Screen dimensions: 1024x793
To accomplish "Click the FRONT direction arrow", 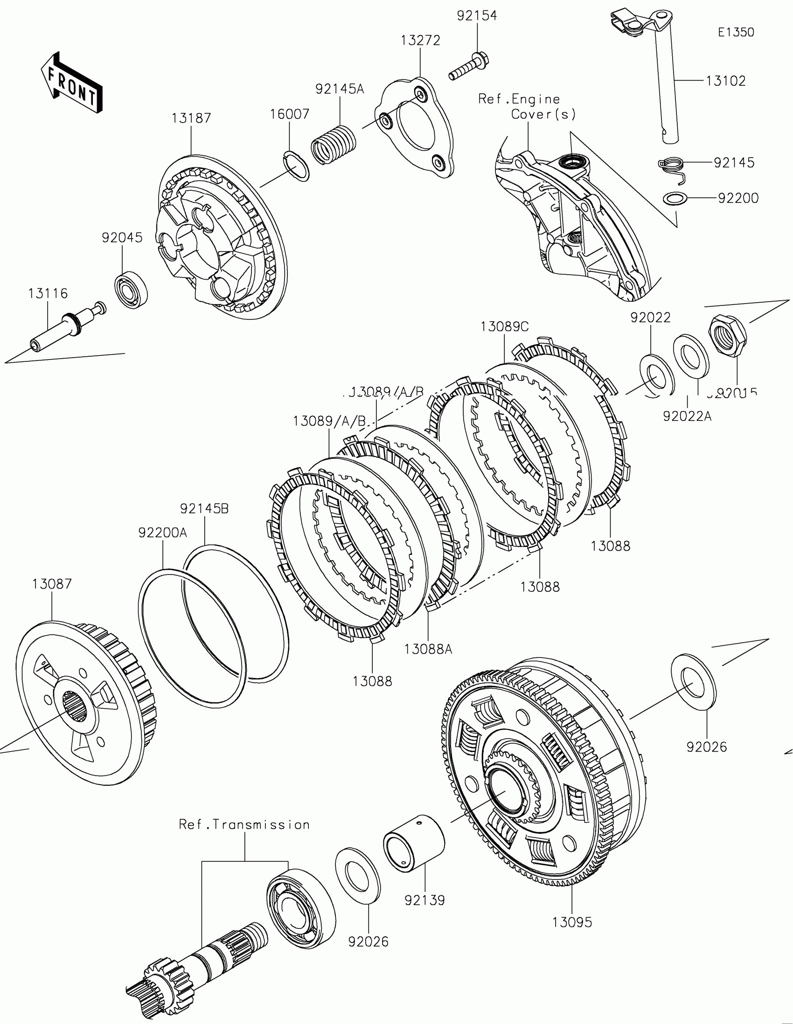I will pos(71,83).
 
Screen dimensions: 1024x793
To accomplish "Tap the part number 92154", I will pos(477,16).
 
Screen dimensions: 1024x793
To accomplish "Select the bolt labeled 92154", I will pos(469,68).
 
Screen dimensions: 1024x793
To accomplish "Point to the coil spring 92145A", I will pos(334,144).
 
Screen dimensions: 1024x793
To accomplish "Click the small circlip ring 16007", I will pos(297,166).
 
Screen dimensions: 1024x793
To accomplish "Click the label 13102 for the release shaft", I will pos(725,81).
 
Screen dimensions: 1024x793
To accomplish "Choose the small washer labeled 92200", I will pos(675,198).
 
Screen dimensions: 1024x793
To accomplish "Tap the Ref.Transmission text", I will pos(244,825).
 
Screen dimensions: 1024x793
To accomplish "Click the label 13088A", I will pos(428,650).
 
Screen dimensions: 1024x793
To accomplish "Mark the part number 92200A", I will pos(163,533).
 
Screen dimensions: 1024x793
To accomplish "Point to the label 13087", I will pos(52,584).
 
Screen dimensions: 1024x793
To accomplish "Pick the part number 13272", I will pos(421,41).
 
